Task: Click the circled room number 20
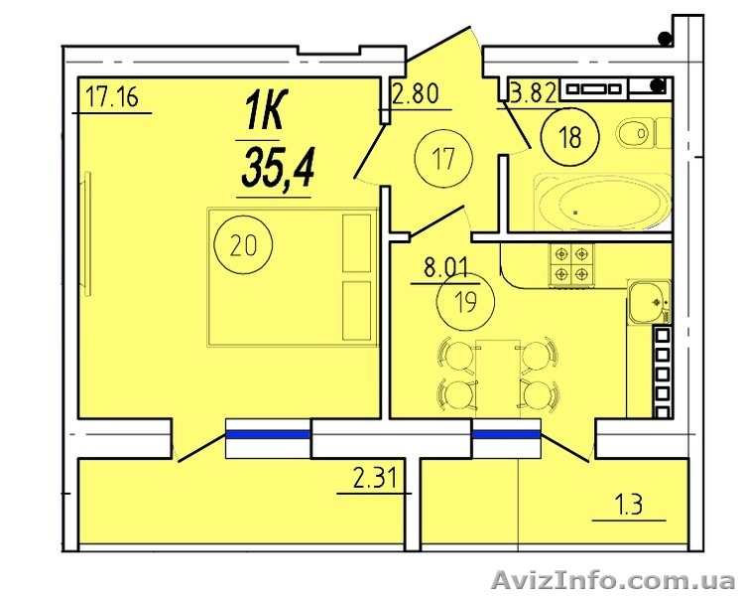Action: pos(243,245)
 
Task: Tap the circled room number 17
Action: pos(442,158)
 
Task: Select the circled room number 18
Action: pos(570,137)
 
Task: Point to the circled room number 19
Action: pos(466,303)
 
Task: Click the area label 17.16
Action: pos(112,98)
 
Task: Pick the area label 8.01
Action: pos(445,268)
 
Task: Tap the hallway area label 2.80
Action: pos(416,93)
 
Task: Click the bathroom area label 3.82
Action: pos(533,94)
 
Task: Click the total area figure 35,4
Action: pos(277,167)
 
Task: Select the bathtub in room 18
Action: pos(602,203)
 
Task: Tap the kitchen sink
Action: pos(649,302)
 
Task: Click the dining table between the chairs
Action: pos(498,378)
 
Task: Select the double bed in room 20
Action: pos(293,277)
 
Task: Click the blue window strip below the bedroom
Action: pos(268,434)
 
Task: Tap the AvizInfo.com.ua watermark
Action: pos(612,579)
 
